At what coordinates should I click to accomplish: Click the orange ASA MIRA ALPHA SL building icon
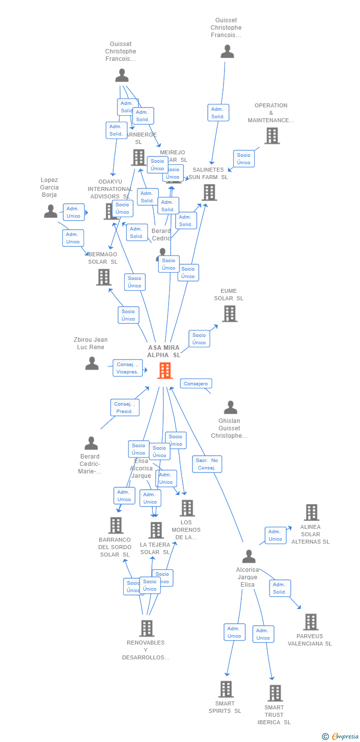[165, 371]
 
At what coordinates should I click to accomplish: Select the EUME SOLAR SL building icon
[229, 314]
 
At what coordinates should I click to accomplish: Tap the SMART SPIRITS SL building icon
[225, 689]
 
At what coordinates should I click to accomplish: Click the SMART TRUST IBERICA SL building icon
[275, 693]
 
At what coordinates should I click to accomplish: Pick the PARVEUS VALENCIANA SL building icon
[310, 622]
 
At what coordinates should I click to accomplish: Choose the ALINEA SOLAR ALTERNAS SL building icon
[311, 512]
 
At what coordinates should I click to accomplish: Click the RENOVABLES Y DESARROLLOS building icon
[146, 628]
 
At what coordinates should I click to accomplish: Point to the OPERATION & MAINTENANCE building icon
[271, 136]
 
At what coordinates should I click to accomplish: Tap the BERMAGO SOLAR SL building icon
[103, 277]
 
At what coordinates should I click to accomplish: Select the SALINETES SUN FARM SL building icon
[209, 192]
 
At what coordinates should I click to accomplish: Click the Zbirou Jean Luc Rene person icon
[92, 364]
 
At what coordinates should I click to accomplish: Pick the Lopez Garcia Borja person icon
[50, 211]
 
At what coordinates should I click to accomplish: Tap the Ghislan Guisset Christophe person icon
[230, 408]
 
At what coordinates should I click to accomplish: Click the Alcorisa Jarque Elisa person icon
[248, 556]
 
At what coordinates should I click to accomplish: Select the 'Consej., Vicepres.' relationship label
[128, 368]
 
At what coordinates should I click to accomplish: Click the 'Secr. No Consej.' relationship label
[207, 464]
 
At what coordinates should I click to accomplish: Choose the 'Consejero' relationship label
[196, 384]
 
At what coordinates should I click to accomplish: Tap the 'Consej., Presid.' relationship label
[124, 408]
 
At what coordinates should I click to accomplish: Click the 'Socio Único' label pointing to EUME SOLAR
[199, 339]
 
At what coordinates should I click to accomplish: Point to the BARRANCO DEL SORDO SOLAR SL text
[115, 547]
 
